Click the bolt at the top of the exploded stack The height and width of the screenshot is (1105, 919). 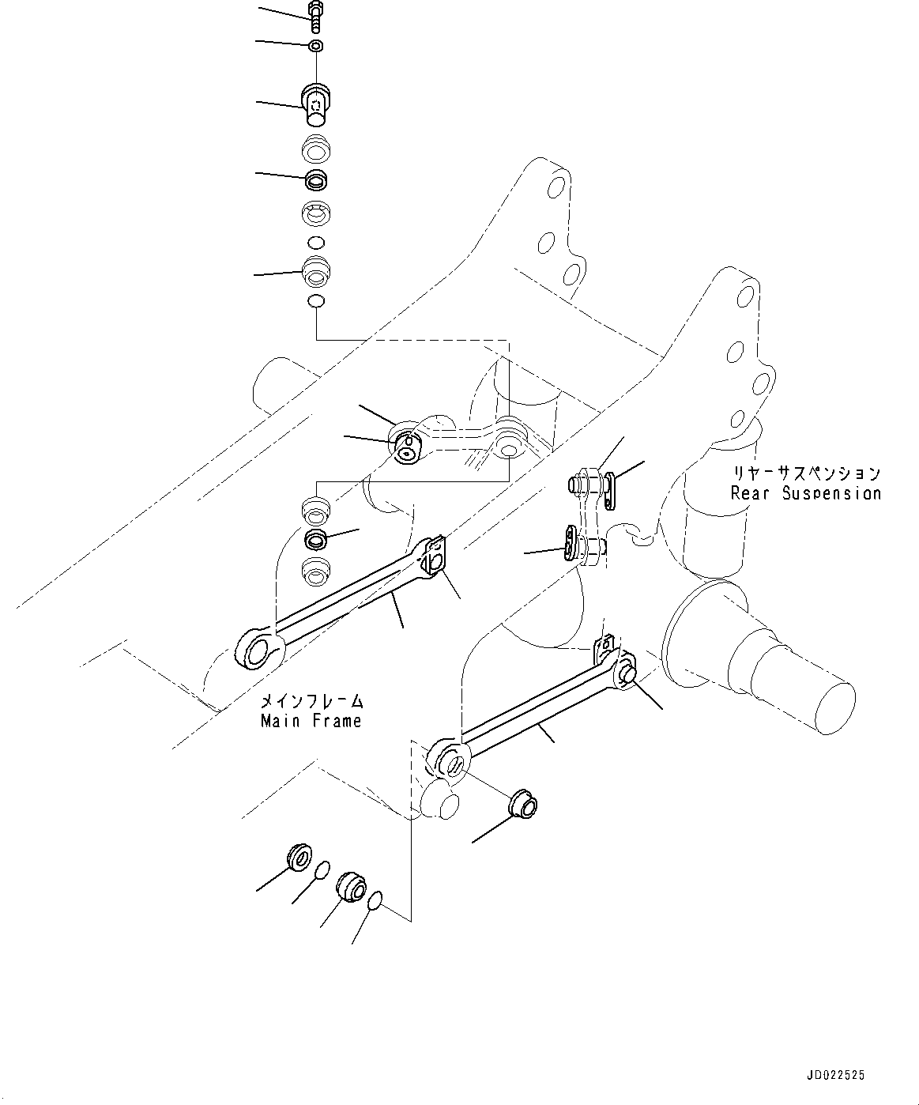click(x=315, y=16)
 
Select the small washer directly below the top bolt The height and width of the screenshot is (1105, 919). click(x=315, y=45)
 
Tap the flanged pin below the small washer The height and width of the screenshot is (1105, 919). click(x=316, y=103)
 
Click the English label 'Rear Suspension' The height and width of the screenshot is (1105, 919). click(x=805, y=493)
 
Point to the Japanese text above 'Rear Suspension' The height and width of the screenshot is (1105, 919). click(x=805, y=473)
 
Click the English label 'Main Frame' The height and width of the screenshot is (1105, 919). click(x=311, y=721)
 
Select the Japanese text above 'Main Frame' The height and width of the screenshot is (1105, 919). click(x=312, y=701)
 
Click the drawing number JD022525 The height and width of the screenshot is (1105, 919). click(x=836, y=1075)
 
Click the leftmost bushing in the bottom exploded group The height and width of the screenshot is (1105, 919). click(x=299, y=857)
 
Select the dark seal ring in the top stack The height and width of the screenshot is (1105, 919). click(x=316, y=180)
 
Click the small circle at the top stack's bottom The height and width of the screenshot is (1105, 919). click(x=315, y=300)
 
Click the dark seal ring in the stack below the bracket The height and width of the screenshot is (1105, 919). click(x=316, y=540)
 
